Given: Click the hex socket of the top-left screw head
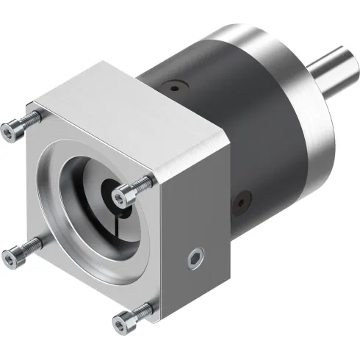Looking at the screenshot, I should tap(8, 130).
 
